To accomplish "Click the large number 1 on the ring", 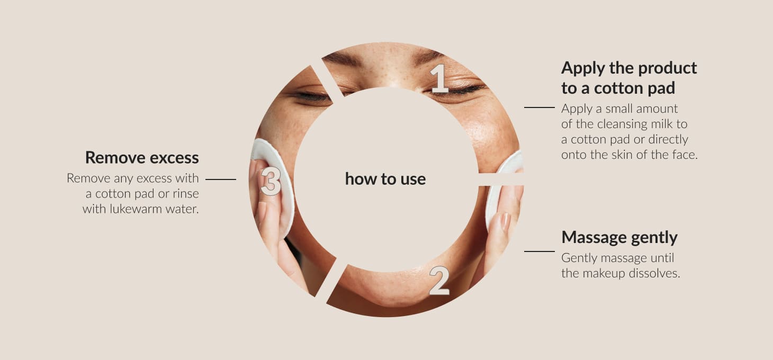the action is click(x=439, y=79).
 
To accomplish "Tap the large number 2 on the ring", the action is click(x=439, y=281).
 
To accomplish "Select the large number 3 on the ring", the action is click(x=271, y=182).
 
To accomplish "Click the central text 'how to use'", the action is click(x=385, y=179).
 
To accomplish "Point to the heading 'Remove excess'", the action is click(x=142, y=158).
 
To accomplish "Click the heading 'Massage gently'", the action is click(x=619, y=238).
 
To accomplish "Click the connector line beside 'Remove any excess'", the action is click(x=220, y=179).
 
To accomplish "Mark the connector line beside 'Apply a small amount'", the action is click(x=540, y=107).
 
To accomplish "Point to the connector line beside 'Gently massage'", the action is click(x=540, y=251).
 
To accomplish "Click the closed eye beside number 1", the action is click(x=455, y=91).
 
